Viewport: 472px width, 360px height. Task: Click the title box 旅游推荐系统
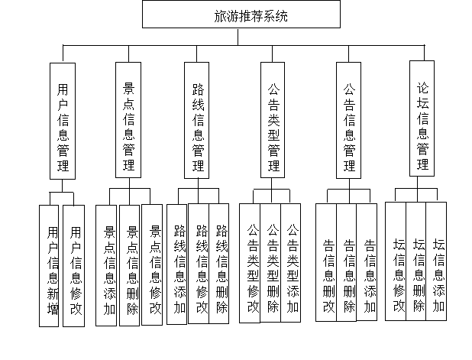point(241,15)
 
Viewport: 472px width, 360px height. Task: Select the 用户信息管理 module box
point(63,121)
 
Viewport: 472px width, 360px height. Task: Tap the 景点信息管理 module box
point(129,120)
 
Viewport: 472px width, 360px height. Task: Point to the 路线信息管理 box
point(197,120)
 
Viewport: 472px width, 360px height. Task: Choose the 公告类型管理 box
point(273,120)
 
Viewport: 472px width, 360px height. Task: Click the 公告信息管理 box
point(349,120)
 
